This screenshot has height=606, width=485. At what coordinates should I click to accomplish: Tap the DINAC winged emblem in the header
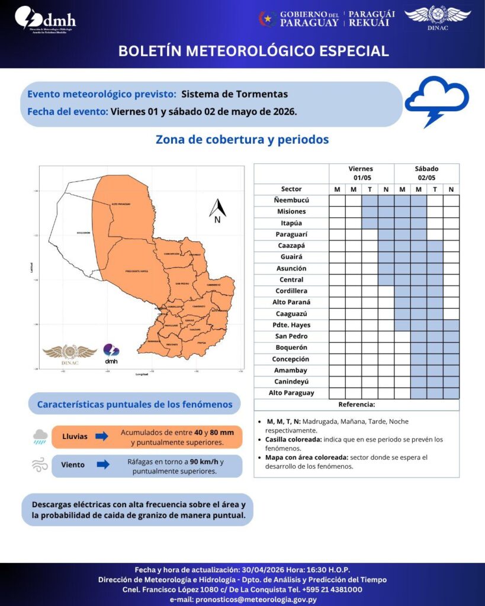click(438, 18)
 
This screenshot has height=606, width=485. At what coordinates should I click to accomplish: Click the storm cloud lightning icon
click(436, 100)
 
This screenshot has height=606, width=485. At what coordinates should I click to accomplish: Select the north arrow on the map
click(217, 211)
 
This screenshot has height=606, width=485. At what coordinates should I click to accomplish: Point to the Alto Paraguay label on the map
click(121, 204)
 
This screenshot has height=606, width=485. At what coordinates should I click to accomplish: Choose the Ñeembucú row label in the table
click(291, 200)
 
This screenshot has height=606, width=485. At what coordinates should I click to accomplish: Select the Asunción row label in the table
click(291, 268)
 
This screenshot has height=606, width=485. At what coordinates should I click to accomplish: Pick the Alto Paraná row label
click(291, 302)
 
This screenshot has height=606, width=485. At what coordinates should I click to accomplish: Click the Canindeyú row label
click(291, 382)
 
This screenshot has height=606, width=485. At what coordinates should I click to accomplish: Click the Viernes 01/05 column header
click(361, 173)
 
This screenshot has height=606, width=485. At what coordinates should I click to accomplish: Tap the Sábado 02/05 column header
click(427, 173)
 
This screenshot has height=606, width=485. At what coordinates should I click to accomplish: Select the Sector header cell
click(291, 189)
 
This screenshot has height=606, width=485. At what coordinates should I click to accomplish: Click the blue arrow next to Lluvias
click(101, 436)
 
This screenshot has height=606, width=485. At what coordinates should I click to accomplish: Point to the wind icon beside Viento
click(40, 465)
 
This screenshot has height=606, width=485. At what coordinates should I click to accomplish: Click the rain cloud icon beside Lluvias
click(40, 437)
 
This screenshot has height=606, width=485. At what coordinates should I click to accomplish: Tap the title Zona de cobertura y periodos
click(242, 140)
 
